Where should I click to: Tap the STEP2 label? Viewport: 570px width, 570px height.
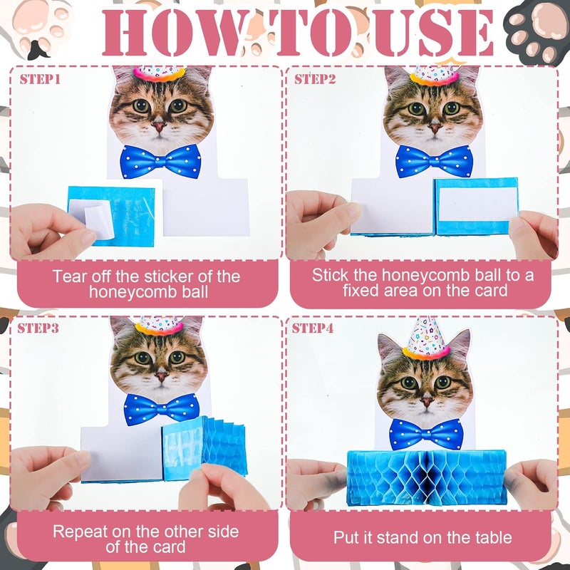point(315,79)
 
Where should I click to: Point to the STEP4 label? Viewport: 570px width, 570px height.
point(315,328)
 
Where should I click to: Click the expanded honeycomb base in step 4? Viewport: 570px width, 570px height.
point(425,478)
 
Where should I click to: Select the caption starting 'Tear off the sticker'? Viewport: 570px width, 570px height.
point(147,284)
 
